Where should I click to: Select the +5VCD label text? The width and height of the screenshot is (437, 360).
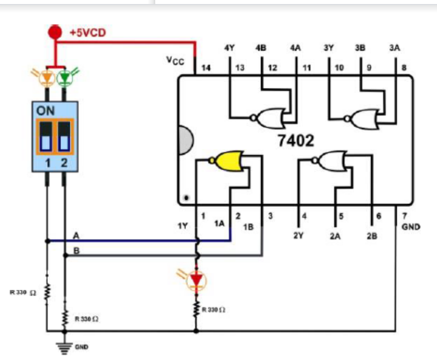[88, 33]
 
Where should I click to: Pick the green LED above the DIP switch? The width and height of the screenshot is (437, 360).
[64, 78]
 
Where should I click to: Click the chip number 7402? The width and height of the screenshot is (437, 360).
[296, 141]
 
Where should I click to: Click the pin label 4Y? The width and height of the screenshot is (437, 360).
[229, 48]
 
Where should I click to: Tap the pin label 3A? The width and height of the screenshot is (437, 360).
[394, 48]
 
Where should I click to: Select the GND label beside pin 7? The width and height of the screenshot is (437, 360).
[410, 227]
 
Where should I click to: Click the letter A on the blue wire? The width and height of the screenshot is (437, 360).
[76, 236]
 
